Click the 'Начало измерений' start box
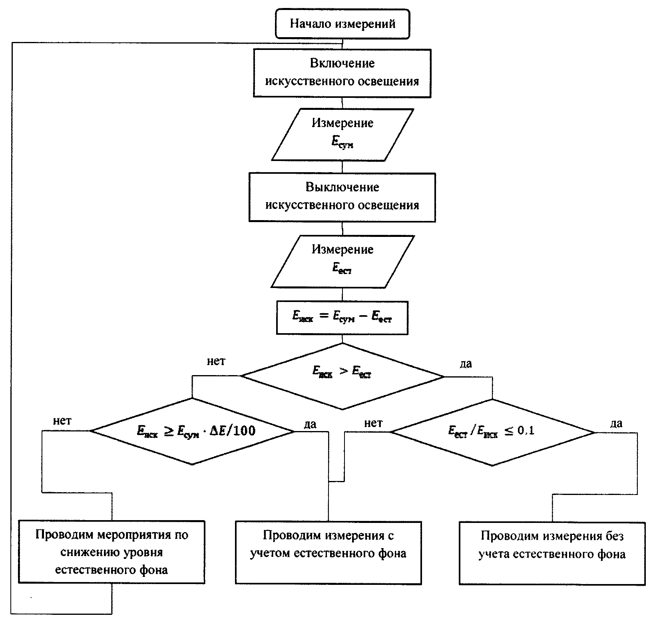(342, 24)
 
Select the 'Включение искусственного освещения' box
(342, 73)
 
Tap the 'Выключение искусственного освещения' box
(342, 197)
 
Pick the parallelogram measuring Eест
(342, 261)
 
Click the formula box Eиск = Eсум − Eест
(342, 318)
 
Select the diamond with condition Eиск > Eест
(342, 376)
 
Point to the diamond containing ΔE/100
(193, 431)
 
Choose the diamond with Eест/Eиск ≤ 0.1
(492, 431)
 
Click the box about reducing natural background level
(111, 552)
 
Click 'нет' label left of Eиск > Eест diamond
(216, 362)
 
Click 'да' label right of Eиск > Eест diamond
(466, 364)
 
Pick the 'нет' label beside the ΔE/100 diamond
(62, 421)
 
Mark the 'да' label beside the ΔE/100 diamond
(310, 424)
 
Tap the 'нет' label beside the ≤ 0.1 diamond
(373, 423)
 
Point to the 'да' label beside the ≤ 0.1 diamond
(616, 423)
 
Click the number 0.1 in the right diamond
(526, 431)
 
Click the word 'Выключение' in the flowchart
(342, 187)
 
